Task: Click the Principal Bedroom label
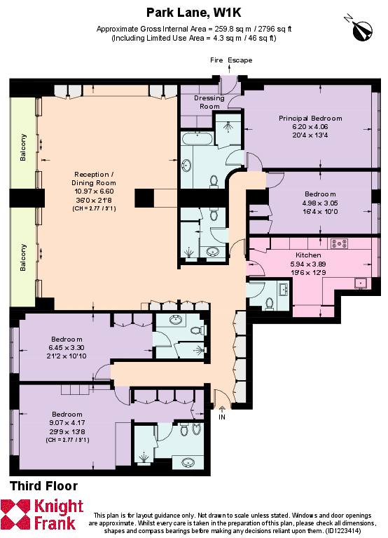310,118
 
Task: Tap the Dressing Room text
209,102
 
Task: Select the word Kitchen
308,255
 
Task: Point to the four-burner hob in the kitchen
339,244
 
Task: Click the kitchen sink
361,283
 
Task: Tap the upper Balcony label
23,147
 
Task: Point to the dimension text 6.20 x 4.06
310,127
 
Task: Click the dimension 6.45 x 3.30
67,348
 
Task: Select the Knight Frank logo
42,514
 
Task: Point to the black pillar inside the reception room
144,198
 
